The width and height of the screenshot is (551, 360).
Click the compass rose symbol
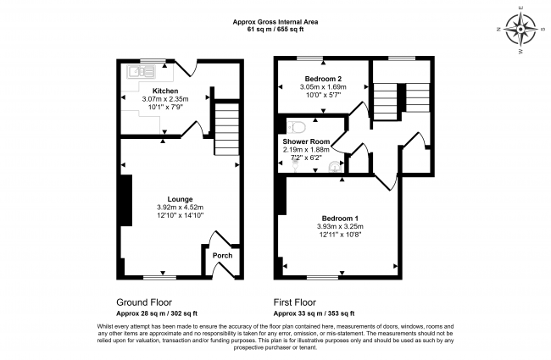point(520,29)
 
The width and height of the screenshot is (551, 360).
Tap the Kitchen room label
point(165,91)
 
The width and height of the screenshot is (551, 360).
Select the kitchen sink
point(142,71)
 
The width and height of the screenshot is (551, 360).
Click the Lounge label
point(180,199)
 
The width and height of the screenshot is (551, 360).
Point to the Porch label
point(222,255)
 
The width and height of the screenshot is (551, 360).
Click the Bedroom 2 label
point(323,79)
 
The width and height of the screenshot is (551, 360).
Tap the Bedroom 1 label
point(340,219)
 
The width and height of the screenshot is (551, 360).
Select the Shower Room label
point(306,141)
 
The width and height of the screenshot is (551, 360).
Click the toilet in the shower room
point(296,128)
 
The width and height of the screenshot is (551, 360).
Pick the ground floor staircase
point(226,129)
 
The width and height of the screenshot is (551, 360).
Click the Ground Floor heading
point(144,302)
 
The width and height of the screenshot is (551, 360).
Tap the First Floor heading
point(295,302)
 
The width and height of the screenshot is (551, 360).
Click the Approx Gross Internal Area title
point(275,22)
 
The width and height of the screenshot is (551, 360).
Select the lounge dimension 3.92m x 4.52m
point(181,208)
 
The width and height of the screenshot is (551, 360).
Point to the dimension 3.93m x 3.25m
point(340,226)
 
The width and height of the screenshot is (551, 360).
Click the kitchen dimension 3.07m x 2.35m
point(165,99)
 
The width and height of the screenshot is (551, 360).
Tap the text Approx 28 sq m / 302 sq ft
point(157,313)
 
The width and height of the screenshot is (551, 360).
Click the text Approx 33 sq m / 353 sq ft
point(314,313)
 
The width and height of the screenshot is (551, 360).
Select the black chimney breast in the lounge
point(126,200)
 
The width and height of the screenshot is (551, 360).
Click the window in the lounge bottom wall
point(160,278)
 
